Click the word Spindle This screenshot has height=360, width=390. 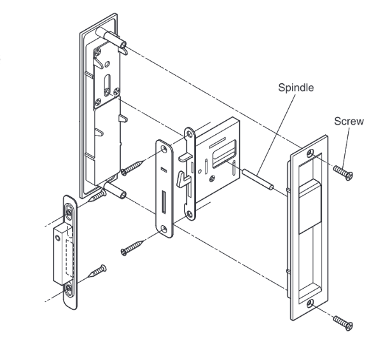point(296,88)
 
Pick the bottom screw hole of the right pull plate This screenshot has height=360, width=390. point(310,304)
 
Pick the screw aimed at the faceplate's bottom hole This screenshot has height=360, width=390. point(133,246)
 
